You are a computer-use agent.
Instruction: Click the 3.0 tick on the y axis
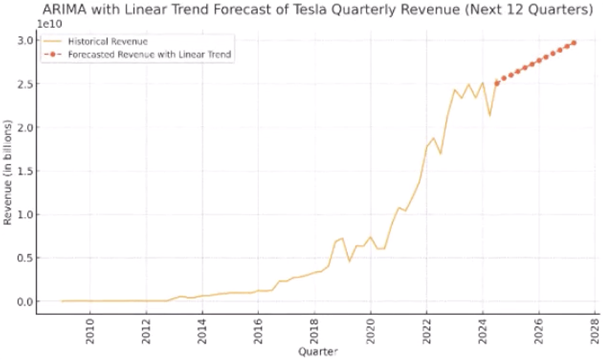27,41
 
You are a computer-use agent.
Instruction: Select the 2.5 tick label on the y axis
27,84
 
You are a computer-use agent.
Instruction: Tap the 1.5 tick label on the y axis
27,171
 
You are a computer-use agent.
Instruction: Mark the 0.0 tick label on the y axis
27,301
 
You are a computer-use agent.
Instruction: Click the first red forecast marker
497,83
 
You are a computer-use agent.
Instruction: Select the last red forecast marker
574,43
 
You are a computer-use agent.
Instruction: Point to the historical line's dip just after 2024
489,115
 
